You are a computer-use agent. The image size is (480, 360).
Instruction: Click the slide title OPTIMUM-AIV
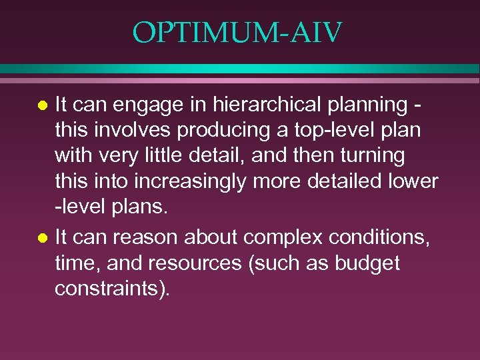pyautogui.click(x=237, y=32)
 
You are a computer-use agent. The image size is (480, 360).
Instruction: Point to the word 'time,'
pyautogui.click(x=77, y=263)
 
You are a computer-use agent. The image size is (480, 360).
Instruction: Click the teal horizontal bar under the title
pyautogui.click(x=240, y=69)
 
